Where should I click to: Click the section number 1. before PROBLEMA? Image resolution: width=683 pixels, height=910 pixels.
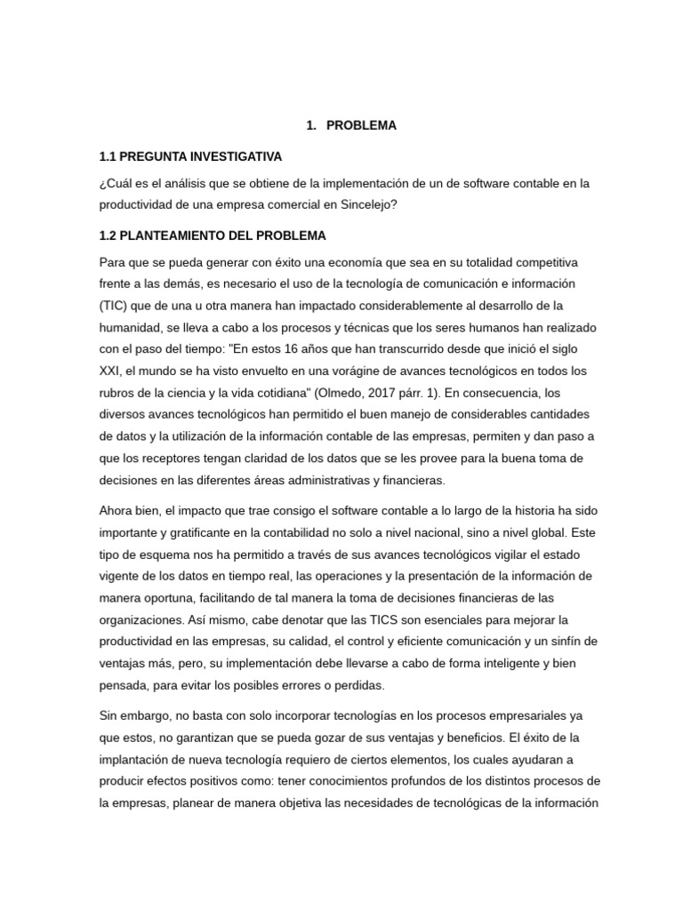(310, 126)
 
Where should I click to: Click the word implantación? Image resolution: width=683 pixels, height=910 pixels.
(139, 759)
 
